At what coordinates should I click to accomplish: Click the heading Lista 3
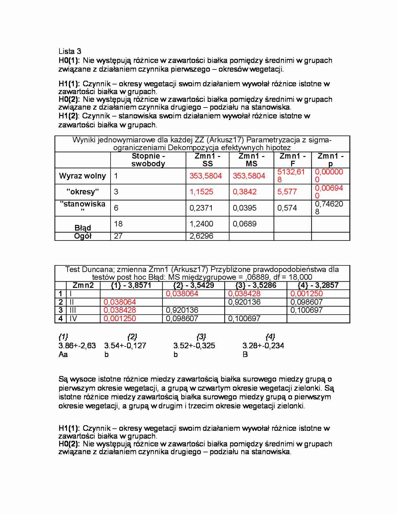(70, 51)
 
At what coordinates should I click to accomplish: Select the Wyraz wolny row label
(83, 176)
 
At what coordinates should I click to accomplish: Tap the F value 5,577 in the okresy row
(287, 192)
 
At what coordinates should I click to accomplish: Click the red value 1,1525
(201, 192)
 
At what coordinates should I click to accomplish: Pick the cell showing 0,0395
(244, 208)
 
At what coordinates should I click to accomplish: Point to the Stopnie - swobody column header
(148, 160)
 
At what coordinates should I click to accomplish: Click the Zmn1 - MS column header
(251, 160)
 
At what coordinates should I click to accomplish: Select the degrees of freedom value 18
(118, 224)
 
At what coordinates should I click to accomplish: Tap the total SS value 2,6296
(201, 236)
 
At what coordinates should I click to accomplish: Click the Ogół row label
(83, 236)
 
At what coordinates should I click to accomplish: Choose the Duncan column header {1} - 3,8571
(131, 285)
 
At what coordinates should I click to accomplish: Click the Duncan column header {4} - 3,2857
(318, 285)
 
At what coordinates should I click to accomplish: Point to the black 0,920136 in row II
(244, 302)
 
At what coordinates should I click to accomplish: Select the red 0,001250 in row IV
(120, 319)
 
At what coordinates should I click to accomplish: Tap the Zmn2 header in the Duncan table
(83, 285)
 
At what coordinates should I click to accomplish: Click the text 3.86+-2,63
(77, 345)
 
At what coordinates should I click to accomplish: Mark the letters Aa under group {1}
(63, 355)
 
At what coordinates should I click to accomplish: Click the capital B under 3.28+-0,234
(245, 355)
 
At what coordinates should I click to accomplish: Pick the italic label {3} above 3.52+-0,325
(201, 337)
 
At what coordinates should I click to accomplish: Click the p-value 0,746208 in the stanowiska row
(329, 208)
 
